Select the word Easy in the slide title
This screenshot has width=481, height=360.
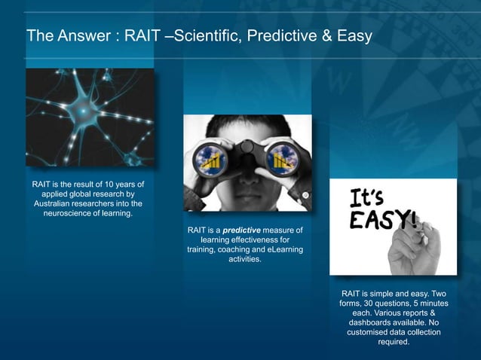tap(353, 35)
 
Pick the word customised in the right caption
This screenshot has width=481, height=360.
tap(371, 332)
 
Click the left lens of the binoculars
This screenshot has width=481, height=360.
tap(211, 157)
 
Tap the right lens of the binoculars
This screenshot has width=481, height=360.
tap(284, 157)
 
